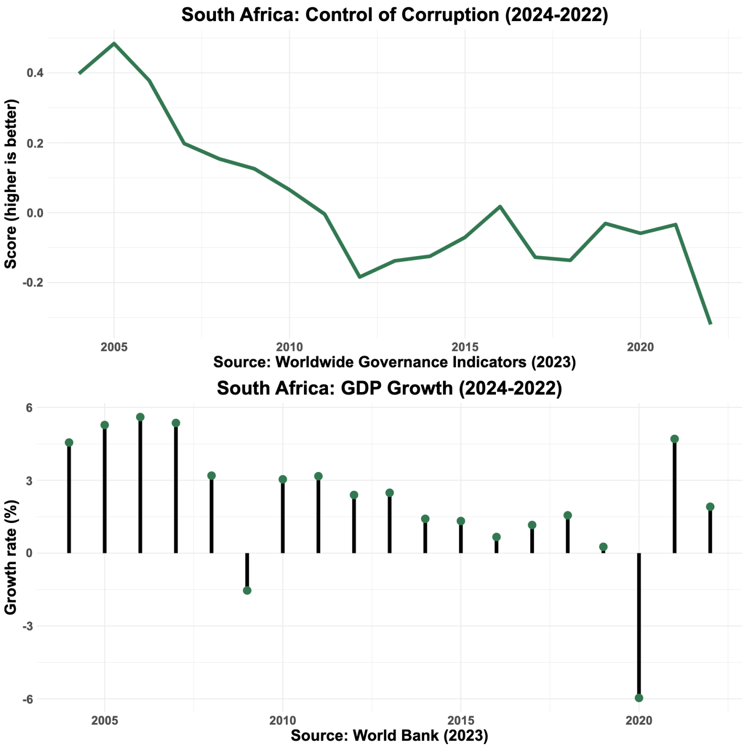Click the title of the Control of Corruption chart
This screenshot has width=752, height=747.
pyautogui.click(x=394, y=15)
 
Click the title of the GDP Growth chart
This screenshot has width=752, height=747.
pyautogui.click(x=389, y=388)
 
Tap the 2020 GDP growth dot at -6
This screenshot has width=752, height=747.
pyautogui.click(x=639, y=698)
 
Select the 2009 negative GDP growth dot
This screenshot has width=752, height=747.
pyautogui.click(x=247, y=590)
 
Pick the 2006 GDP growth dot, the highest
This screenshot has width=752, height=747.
pyautogui.click(x=140, y=417)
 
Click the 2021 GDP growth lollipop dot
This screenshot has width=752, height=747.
pyautogui.click(x=675, y=439)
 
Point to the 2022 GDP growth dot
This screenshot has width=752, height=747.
pyautogui.click(x=710, y=507)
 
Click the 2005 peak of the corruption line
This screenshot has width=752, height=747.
pyautogui.click(x=114, y=44)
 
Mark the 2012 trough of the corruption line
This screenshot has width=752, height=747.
pyautogui.click(x=360, y=277)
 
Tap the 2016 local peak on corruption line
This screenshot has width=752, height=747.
pyautogui.click(x=500, y=207)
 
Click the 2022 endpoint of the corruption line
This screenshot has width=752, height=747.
pyautogui.click(x=710, y=324)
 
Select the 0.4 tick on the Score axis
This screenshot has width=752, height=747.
pyautogui.click(x=35, y=73)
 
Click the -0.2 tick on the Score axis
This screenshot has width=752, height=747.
pyautogui.click(x=33, y=282)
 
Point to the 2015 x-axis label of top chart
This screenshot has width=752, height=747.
pyautogui.click(x=465, y=347)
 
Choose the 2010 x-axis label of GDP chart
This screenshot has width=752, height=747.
pyautogui.click(x=282, y=720)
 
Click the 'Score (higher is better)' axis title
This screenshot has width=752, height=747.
pyautogui.click(x=11, y=184)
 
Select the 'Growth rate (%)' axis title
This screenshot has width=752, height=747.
pyautogui.click(x=11, y=557)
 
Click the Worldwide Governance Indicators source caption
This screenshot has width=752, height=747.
pyautogui.click(x=394, y=362)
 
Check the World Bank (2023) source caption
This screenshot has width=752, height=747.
pyautogui.click(x=389, y=735)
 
